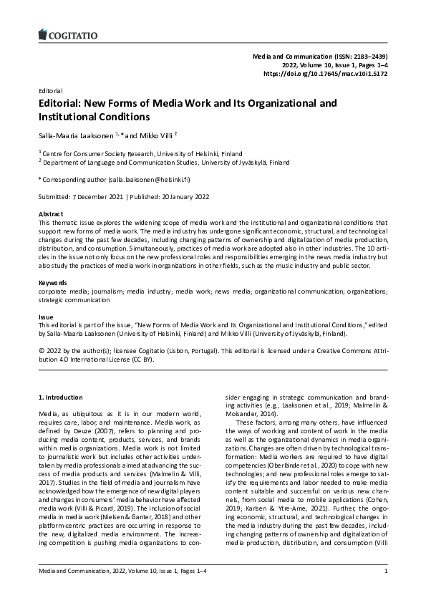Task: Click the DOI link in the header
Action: [x=325, y=73]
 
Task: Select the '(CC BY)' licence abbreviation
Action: [x=140, y=360]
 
